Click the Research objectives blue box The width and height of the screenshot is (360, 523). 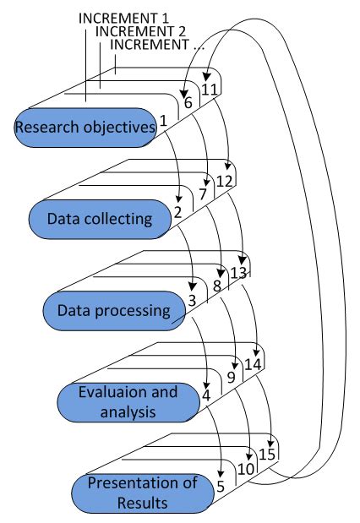pyautogui.click(x=85, y=128)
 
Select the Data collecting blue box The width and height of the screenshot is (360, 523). pyautogui.click(x=99, y=219)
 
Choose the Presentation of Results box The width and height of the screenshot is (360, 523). pyautogui.click(x=142, y=493)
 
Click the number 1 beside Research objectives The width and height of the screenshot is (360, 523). pyautogui.click(x=162, y=122)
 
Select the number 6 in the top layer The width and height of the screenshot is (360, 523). pyautogui.click(x=188, y=102)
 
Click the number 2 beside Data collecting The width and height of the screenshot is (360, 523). pyautogui.click(x=177, y=213)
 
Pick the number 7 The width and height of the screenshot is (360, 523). pyautogui.click(x=202, y=194)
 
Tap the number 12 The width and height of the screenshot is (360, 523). pyautogui.click(x=224, y=180)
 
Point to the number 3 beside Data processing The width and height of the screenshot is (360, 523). pyautogui.click(x=192, y=300)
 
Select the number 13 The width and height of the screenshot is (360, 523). pyautogui.click(x=239, y=272)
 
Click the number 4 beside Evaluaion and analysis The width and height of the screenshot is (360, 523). pyautogui.click(x=205, y=393)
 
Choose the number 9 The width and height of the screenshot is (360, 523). pyautogui.click(x=231, y=377)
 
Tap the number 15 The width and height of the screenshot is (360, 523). pyautogui.click(x=267, y=455)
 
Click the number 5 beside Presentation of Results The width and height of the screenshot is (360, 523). pyautogui.click(x=221, y=486)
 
